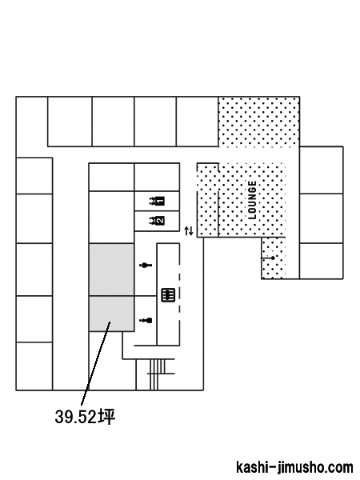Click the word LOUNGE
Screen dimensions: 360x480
click(x=252, y=200)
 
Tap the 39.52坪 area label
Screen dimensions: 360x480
click(x=85, y=416)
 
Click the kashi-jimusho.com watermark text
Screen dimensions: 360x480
click(x=294, y=467)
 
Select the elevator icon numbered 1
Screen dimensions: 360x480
click(x=157, y=201)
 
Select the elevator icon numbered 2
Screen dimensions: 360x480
click(x=157, y=221)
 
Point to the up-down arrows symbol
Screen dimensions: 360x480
click(x=189, y=231)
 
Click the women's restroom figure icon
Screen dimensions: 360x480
click(x=146, y=265)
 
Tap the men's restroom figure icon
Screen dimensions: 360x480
click(x=146, y=321)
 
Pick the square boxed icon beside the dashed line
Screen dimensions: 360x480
click(x=168, y=295)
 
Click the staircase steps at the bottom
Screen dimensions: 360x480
click(x=158, y=374)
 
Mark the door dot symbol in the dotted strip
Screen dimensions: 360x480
click(x=273, y=258)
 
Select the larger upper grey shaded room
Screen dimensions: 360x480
click(x=111, y=270)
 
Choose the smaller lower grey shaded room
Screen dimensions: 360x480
click(x=111, y=314)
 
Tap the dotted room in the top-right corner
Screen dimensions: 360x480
click(x=258, y=122)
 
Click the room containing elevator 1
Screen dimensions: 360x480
click(x=157, y=201)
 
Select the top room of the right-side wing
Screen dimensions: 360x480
click(x=321, y=170)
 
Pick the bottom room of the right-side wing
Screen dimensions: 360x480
click(x=321, y=261)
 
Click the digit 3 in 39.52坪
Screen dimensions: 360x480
click(x=59, y=417)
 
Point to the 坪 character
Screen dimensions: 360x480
click(x=107, y=416)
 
